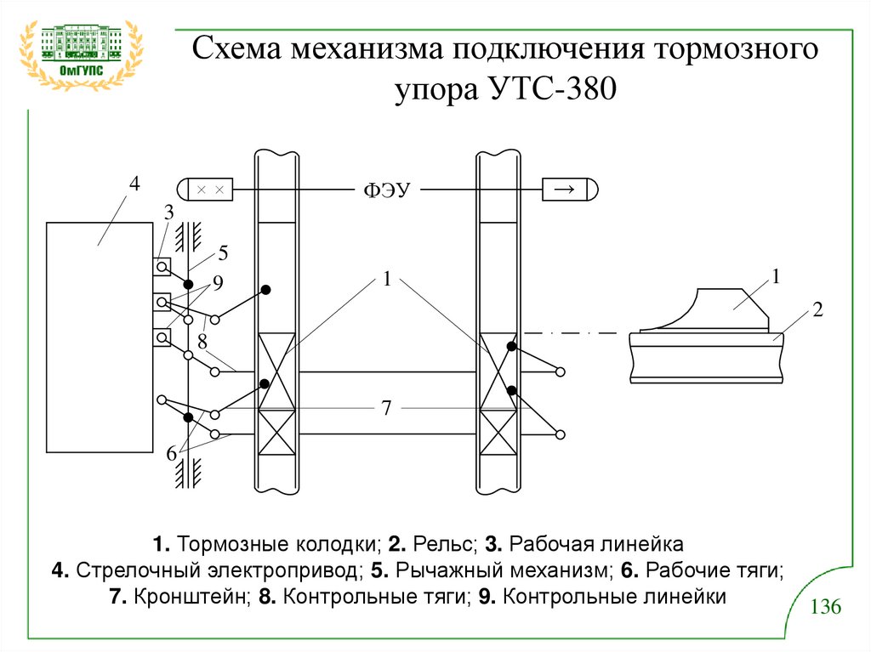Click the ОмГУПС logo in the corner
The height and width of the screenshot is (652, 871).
(81, 53)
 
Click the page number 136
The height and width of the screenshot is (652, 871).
(825, 608)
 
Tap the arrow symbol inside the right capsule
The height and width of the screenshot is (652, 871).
(564, 189)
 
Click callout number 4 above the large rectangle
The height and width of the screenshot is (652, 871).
(134, 184)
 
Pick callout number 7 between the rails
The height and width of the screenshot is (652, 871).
(386, 409)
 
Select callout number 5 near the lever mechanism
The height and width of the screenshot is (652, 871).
(223, 252)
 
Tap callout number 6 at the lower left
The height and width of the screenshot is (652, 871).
(171, 454)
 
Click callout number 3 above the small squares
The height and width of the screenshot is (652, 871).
(168, 211)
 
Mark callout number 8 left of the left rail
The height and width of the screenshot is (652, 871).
(202, 342)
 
